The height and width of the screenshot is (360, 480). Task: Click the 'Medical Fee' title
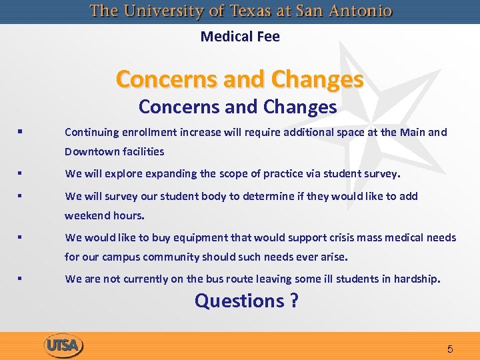pos(240,37)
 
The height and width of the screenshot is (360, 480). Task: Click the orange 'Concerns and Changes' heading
pos(240,79)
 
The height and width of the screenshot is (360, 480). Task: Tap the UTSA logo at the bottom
pos(63,346)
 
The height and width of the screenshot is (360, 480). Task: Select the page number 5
pos(450,349)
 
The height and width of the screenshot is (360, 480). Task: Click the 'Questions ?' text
pos(246,301)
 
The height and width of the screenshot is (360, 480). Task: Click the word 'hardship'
pos(417,279)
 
